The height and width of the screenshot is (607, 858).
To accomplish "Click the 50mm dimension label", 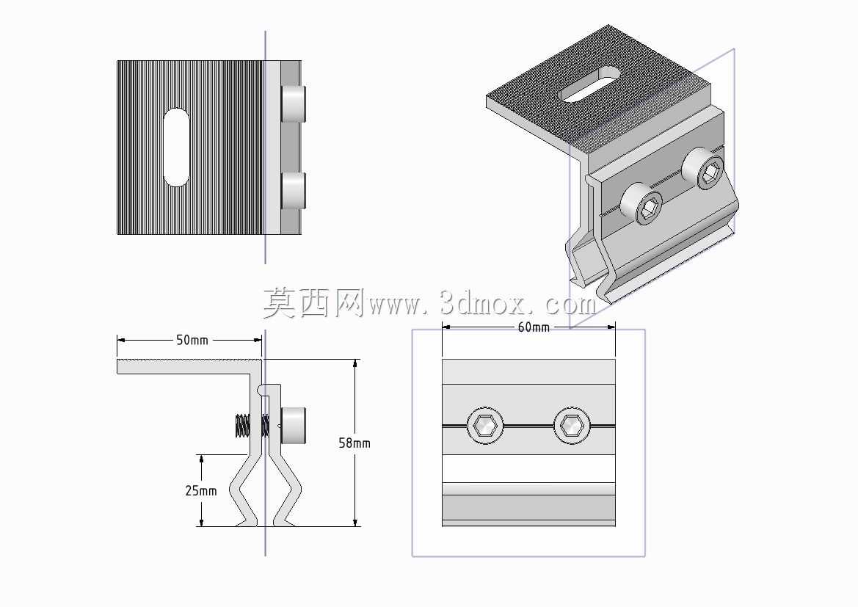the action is pos(192,340).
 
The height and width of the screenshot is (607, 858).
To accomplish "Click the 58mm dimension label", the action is pos(354,443).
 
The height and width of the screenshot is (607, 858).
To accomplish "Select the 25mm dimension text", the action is pos(201,490).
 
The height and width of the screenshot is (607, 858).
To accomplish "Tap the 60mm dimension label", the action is pos(534,327).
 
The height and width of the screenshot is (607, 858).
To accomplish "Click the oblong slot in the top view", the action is pos(177,148).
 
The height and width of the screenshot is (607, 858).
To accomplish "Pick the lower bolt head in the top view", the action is pos(294,191).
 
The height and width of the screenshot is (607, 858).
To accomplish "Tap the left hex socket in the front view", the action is pos(485,425).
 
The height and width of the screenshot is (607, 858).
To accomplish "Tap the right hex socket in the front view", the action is pos(572,425).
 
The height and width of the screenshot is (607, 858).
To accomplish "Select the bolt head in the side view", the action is pos(294,425).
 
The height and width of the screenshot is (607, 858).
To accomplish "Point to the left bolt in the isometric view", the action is pos(641,203).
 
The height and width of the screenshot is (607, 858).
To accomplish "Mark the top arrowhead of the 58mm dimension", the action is pos(356,363).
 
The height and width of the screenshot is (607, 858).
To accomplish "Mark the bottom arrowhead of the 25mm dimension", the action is pos(202,522).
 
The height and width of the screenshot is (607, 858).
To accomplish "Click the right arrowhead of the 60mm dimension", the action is pos(611,327).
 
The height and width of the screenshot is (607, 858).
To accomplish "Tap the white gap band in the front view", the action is pos(528,468).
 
